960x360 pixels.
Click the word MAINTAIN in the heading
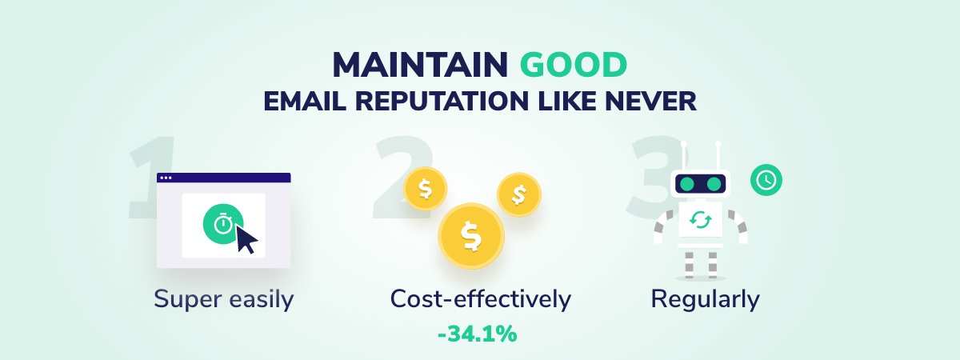coord(421,65)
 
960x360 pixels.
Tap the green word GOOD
coord(574,65)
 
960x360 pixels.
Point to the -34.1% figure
coord(478,334)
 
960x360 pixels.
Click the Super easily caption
coord(224,299)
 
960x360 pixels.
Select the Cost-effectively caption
coord(481,298)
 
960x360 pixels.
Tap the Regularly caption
coord(705,299)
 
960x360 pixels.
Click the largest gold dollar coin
coord(471,236)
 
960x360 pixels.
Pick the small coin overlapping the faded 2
coord(425,189)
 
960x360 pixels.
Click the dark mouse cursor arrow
coord(246,239)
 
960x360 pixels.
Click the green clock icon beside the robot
coord(766,180)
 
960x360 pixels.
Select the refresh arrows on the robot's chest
coord(701,220)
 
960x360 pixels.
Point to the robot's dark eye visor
coord(700,184)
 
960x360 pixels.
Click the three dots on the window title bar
coord(166,178)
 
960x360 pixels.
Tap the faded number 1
coord(152,178)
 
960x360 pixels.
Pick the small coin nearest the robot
coord(519,194)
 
